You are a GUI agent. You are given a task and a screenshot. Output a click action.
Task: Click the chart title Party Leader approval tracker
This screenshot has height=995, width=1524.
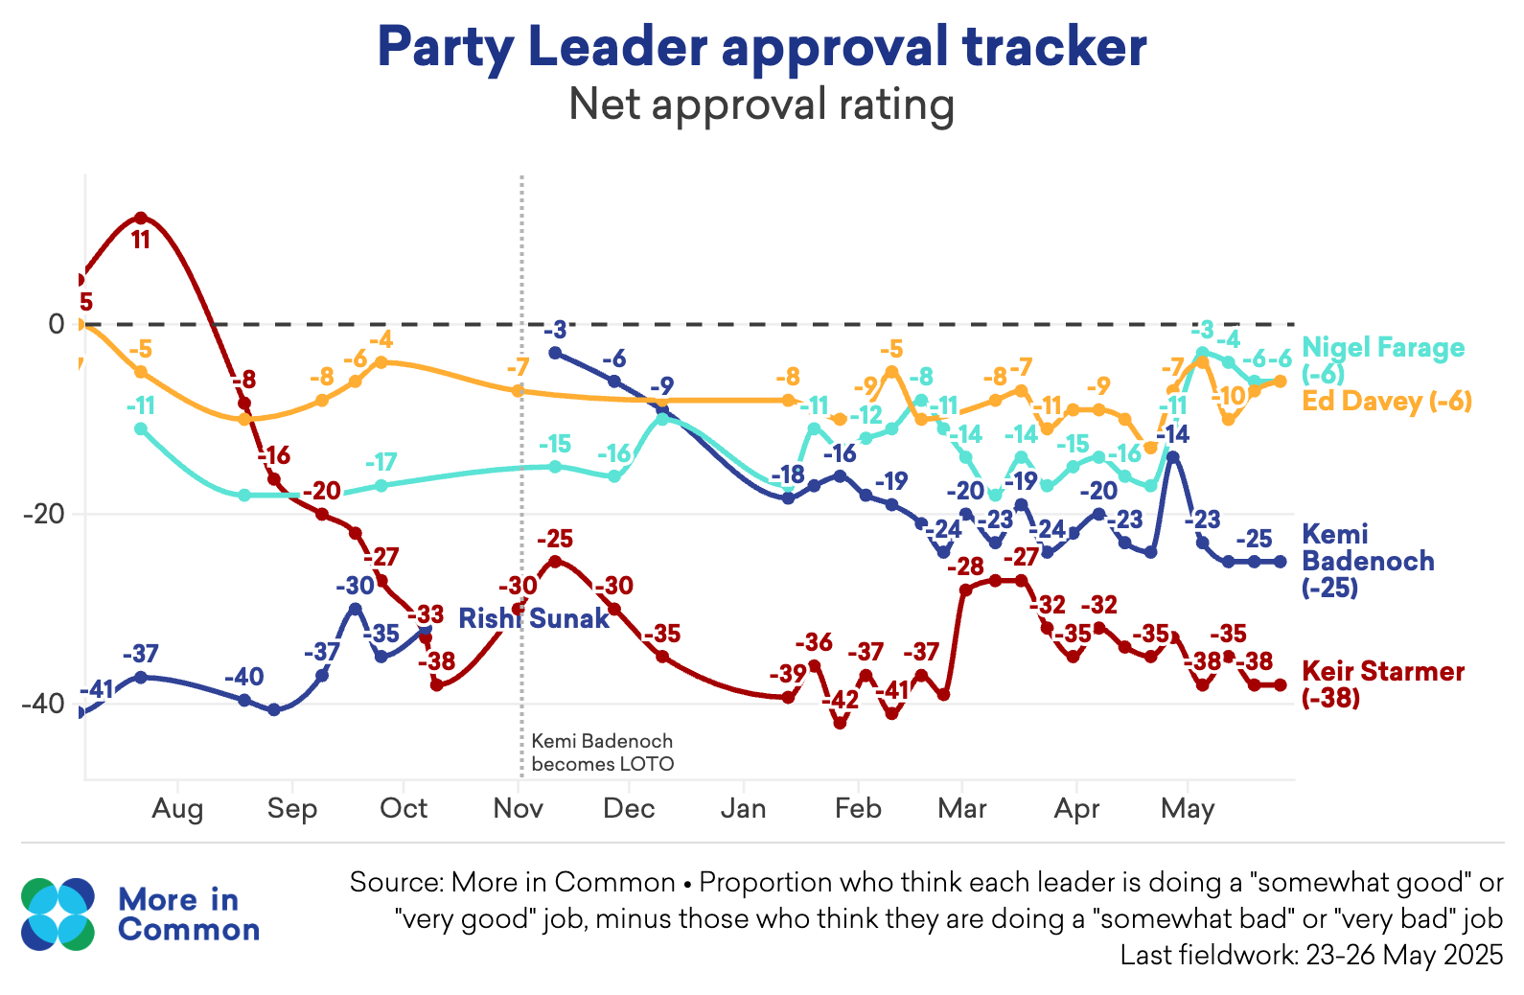762,46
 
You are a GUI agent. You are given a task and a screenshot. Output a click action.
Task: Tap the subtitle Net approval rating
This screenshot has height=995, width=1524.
762,104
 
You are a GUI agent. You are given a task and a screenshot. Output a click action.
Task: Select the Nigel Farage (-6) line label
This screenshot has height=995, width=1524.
1382,359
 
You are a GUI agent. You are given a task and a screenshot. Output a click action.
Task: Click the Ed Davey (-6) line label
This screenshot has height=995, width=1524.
1386,401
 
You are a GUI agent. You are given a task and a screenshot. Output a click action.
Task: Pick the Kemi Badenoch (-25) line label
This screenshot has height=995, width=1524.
1368,560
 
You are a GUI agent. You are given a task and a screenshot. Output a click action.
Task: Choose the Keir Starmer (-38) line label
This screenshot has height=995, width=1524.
1382,683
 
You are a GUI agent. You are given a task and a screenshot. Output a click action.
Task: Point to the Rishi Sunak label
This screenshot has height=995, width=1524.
533,618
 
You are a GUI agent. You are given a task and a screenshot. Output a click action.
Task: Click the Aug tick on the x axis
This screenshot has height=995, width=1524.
177,809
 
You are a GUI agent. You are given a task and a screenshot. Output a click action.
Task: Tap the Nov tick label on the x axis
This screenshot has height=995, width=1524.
519,809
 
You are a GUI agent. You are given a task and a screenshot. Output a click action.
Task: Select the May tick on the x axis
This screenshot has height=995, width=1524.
1188,809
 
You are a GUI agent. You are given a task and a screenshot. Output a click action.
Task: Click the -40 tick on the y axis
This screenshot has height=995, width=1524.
43,705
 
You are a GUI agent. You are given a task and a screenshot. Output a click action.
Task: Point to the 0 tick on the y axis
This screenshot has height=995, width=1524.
57,324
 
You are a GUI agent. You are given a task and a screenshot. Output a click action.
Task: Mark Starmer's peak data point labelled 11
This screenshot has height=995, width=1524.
141,219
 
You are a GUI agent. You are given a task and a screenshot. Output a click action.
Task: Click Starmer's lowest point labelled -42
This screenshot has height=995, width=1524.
840,723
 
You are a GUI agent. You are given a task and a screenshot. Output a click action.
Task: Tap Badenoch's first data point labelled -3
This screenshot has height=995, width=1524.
554,353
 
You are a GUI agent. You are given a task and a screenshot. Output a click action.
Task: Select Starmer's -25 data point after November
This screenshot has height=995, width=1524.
554,561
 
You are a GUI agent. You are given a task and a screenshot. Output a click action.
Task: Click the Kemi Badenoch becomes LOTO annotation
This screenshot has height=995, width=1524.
602,752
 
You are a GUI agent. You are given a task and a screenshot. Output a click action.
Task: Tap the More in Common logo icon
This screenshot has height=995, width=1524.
58,914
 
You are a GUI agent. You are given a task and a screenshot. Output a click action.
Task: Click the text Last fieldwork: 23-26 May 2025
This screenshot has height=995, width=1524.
1310,956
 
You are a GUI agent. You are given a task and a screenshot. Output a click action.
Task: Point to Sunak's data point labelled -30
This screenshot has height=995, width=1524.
355,609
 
